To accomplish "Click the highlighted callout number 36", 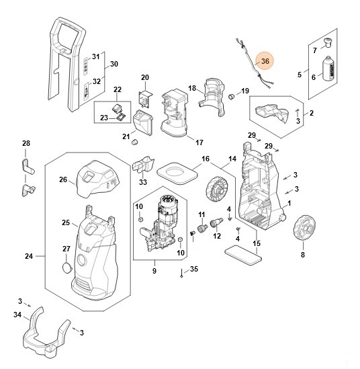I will [x=265, y=61].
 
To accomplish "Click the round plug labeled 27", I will [x=66, y=268].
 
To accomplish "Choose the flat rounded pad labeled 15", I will [x=243, y=255].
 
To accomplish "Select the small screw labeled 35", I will [x=181, y=273].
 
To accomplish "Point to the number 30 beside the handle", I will [x=114, y=64].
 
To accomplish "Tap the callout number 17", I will [x=199, y=142].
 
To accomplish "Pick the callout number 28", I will [x=26, y=143].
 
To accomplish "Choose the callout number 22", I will [x=118, y=89].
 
